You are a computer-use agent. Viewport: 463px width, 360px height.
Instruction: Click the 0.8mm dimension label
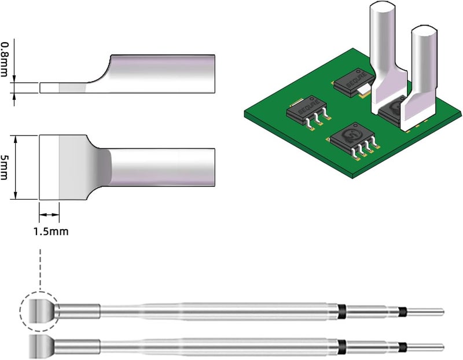[4, 59]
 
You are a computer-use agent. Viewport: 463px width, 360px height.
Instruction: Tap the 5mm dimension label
[4, 167]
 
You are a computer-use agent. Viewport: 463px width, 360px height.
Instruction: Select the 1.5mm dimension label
[51, 232]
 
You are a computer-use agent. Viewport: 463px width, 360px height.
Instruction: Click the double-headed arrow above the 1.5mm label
[49, 215]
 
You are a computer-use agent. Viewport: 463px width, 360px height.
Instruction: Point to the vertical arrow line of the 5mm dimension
[16, 167]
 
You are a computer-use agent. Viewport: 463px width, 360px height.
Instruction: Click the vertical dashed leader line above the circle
[40, 270]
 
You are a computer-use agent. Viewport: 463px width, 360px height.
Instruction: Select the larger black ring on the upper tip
[342, 311]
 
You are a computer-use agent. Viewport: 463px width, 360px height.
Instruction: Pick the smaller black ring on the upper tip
[402, 311]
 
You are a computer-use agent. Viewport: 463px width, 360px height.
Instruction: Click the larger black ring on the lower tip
[342, 347]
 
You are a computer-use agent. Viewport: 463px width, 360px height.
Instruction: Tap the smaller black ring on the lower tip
[402, 347]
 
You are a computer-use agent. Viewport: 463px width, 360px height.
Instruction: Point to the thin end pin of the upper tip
[425, 311]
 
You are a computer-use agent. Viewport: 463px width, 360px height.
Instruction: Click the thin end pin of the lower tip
[425, 347]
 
